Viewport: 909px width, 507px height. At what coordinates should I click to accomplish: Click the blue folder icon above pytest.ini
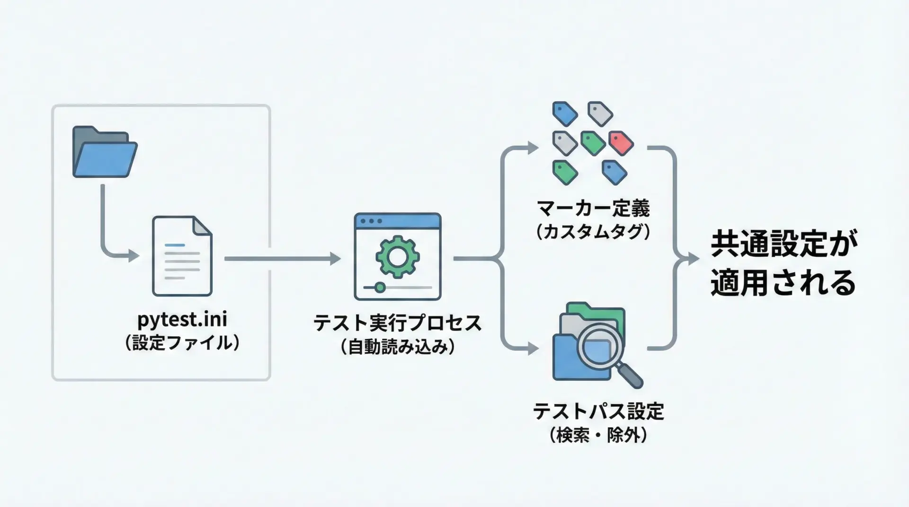[x=105, y=152]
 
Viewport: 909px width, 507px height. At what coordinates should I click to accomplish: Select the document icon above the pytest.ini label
[x=182, y=256]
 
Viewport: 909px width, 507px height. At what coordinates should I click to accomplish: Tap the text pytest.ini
[x=182, y=319]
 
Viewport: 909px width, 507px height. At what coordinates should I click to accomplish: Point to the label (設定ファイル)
[x=182, y=343]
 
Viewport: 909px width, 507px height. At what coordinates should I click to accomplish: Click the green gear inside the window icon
[x=397, y=257]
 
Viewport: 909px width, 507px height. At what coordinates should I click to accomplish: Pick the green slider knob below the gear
[x=380, y=287]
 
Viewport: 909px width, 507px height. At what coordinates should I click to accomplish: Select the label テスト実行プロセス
[x=397, y=323]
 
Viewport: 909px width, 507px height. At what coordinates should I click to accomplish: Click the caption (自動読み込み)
[x=397, y=347]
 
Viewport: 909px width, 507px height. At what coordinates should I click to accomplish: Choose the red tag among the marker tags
[x=621, y=143]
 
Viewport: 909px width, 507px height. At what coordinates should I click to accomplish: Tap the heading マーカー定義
[x=593, y=208]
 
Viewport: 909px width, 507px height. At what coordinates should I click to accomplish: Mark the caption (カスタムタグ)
[x=593, y=232]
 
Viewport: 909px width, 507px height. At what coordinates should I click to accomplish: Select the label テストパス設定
[x=598, y=411]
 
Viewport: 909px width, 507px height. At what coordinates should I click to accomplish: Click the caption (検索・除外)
[x=598, y=435]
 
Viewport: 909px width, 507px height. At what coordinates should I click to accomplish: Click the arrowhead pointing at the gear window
[x=336, y=259]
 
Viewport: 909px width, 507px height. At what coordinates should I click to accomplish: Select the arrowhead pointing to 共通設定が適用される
[x=694, y=259]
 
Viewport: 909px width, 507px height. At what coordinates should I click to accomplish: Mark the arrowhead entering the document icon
[x=134, y=256]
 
